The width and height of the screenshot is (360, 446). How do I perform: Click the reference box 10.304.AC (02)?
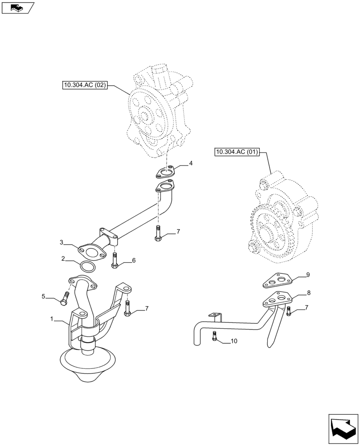85,85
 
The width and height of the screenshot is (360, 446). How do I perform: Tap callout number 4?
191,164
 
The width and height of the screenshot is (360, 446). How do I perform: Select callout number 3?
61,243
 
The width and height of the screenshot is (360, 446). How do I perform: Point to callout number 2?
63,258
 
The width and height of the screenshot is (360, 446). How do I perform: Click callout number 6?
133,260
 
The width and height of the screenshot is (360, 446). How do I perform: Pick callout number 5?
44,296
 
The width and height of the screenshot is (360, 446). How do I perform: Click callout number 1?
52,319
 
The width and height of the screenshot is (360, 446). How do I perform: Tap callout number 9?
307,275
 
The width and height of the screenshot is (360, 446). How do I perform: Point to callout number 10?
234,342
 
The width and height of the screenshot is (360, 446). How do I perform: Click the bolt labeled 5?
65,299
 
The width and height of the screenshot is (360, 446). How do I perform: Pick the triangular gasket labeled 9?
276,280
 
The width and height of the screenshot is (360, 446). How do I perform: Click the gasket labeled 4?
167,172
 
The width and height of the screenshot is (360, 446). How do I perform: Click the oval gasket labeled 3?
92,252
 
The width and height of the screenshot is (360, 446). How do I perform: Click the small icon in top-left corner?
17,8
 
